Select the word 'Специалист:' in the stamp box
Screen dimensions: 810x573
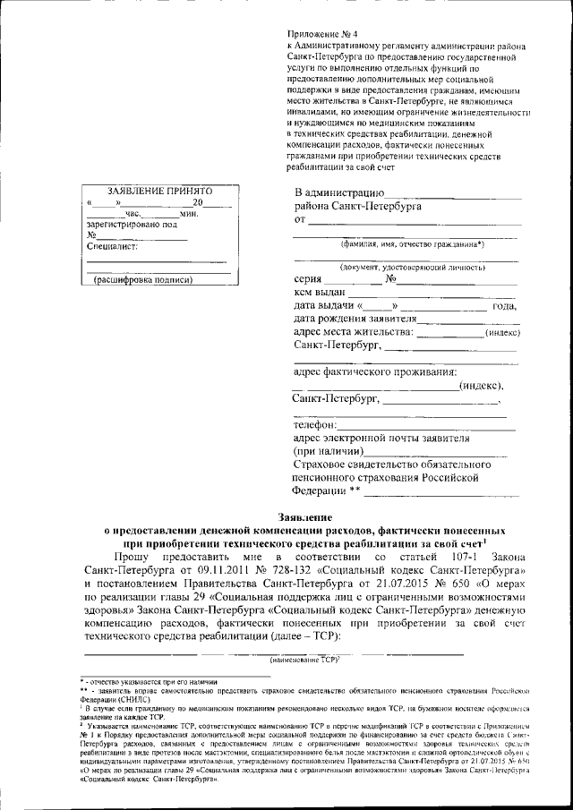point(110,247)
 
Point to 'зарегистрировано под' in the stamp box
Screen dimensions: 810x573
point(127,225)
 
